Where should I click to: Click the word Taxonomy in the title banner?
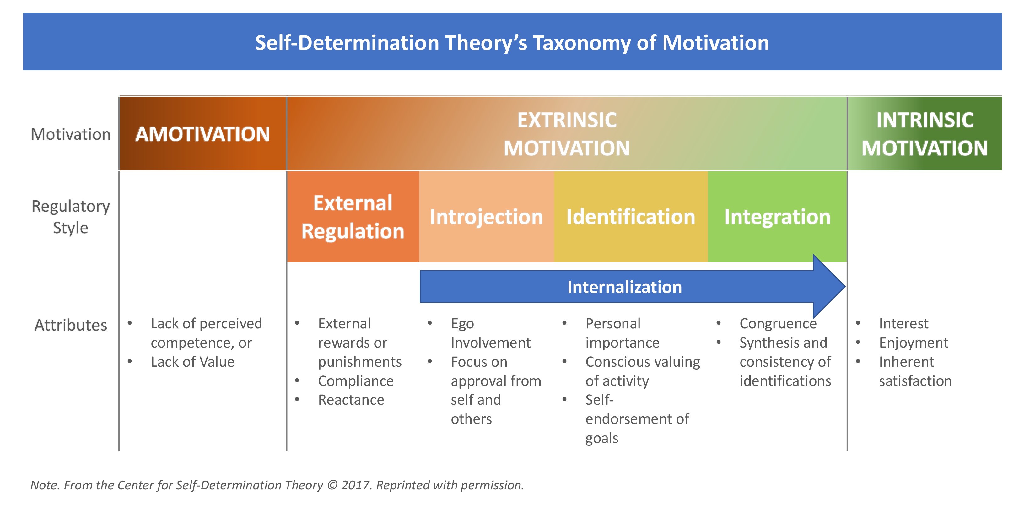pos(581,43)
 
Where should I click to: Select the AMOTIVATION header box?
pos(202,134)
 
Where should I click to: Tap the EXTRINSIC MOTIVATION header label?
pos(566,134)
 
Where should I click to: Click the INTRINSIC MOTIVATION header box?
pos(925,134)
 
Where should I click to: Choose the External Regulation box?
pos(353,217)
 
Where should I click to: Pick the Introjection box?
pos(486,217)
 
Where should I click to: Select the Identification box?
pos(631,217)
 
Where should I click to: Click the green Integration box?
pos(777,217)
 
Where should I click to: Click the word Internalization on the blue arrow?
pos(624,287)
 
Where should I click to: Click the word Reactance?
pos(351,400)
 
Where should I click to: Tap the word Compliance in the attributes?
pos(356,381)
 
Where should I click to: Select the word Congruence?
pos(778,323)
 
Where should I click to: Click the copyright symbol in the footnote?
pos(332,485)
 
